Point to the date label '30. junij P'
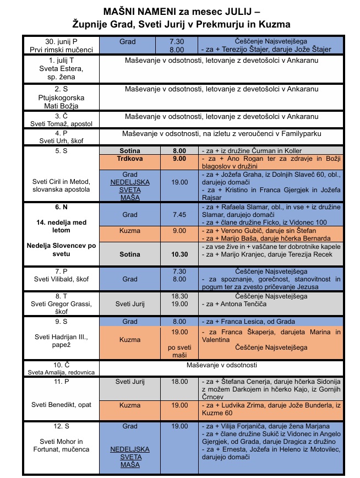coord(61,41)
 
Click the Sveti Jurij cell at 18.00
coord(130,381)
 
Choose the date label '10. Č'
coord(61,365)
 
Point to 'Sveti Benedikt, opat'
coord(61,404)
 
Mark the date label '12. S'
coord(61,427)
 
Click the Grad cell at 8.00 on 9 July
coord(130,322)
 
